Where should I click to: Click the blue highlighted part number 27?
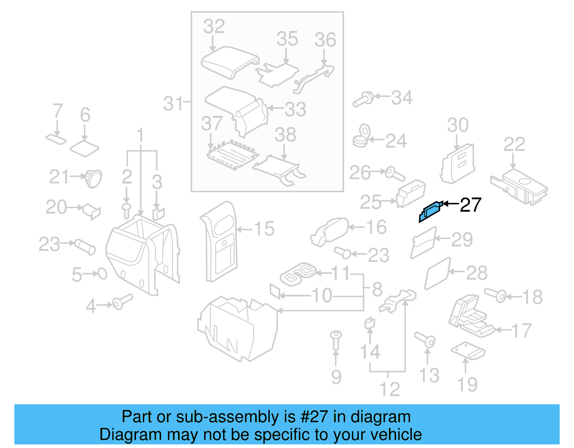430,211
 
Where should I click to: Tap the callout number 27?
470,205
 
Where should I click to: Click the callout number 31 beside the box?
173,104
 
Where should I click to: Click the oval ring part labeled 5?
103,274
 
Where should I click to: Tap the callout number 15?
264,228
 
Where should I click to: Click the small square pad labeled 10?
275,291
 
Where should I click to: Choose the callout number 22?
514,144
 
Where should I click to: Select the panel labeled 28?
437,273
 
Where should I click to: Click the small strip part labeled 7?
56,138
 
